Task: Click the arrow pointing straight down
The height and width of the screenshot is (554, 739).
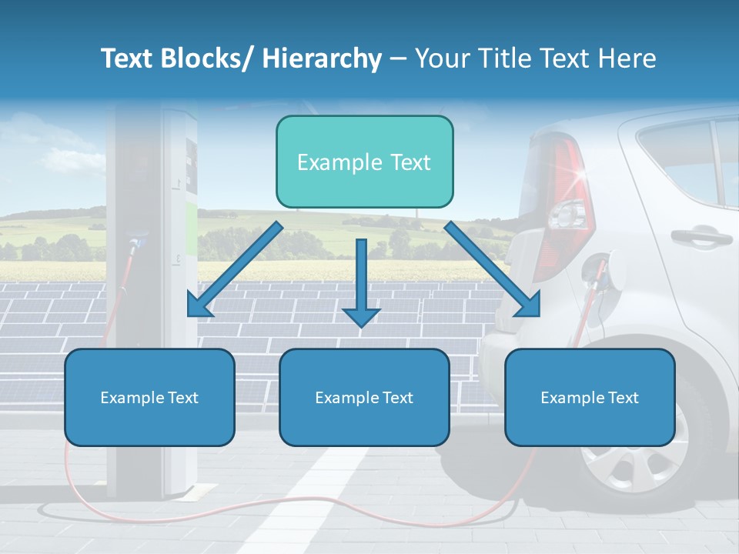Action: click(361, 285)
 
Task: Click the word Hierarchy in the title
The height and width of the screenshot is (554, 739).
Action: click(322, 58)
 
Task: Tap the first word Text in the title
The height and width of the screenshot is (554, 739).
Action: click(129, 58)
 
